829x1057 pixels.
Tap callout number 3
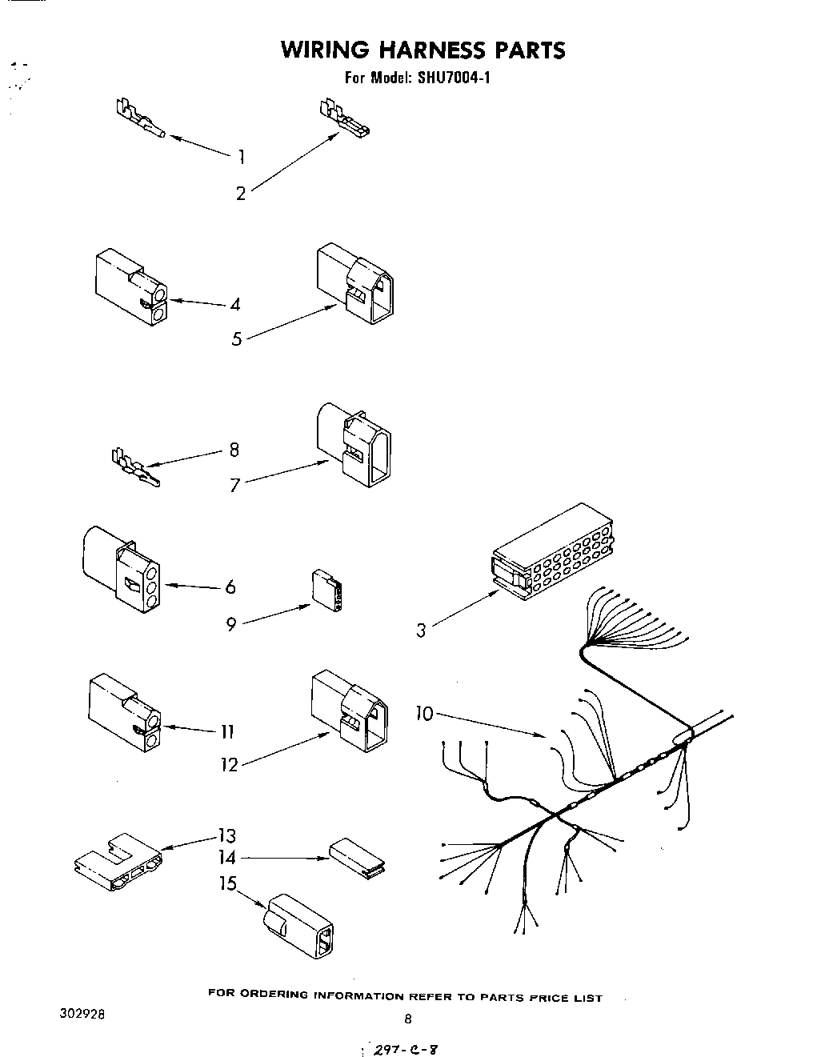[421, 631]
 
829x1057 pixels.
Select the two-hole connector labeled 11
[124, 713]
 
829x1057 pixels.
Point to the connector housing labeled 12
[350, 710]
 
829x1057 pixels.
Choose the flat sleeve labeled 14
[357, 857]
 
